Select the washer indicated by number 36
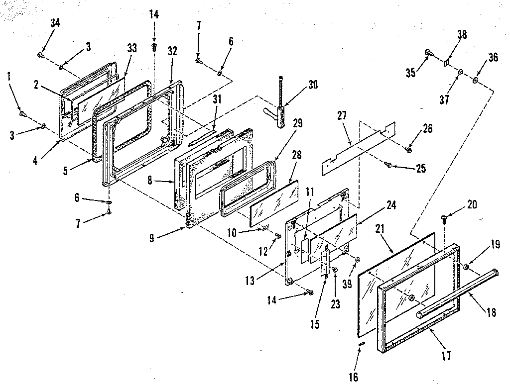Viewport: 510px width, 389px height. (476, 80)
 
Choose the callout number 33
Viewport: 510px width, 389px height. (131, 48)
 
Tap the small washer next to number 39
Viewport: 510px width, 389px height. (358, 259)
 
